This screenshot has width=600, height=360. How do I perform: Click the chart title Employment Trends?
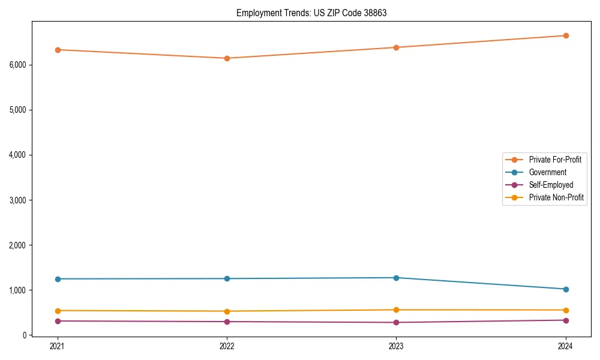(311, 13)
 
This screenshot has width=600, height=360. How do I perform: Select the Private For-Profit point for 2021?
(58, 50)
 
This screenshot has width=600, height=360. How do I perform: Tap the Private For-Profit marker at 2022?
(227, 58)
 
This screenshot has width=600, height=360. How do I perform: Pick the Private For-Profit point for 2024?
(566, 35)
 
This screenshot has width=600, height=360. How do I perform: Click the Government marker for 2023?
(397, 278)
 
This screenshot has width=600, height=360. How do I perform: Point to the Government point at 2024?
(566, 289)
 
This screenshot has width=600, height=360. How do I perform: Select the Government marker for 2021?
(58, 279)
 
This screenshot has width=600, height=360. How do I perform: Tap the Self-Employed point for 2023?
(397, 323)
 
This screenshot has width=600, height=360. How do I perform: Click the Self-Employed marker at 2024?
(566, 320)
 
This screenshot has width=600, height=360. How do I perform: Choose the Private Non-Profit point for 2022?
(227, 311)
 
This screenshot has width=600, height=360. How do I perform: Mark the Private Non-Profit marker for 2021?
(58, 311)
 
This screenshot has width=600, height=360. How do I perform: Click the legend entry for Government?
(547, 172)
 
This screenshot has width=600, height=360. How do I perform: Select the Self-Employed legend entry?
(551, 185)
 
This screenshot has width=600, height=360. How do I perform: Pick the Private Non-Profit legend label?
(556, 197)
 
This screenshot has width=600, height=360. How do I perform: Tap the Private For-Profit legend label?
(555, 160)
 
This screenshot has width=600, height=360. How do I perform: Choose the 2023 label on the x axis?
(397, 346)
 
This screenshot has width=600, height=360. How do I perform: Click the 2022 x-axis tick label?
(227, 346)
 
